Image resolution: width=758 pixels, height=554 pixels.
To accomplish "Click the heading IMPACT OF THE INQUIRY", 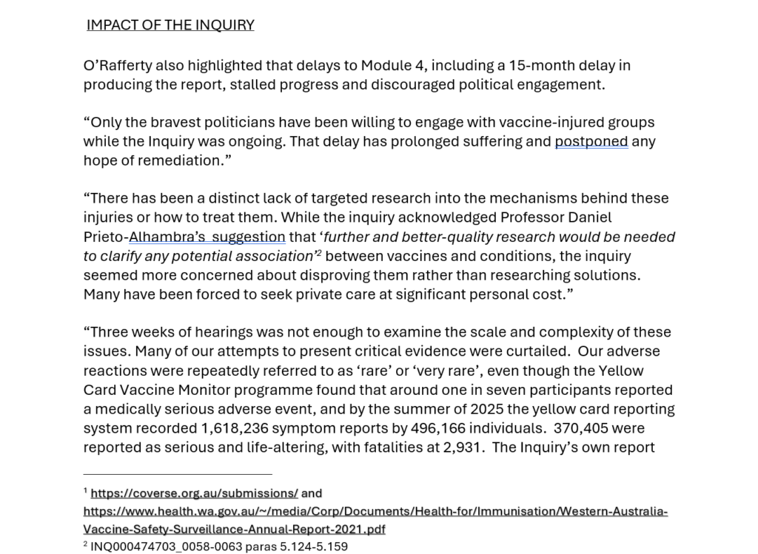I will [170, 25].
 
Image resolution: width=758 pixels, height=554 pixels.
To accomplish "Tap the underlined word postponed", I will [591, 141].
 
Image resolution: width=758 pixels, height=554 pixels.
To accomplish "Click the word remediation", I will [172, 161].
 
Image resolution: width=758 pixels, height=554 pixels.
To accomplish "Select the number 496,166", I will [453, 428].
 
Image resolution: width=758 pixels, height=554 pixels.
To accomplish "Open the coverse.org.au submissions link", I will [194, 493].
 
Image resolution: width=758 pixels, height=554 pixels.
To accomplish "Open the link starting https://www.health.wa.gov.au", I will [375, 511].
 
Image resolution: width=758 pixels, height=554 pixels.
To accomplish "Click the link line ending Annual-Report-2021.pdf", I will [234, 529].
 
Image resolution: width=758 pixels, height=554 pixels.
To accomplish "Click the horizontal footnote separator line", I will [178, 474].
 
